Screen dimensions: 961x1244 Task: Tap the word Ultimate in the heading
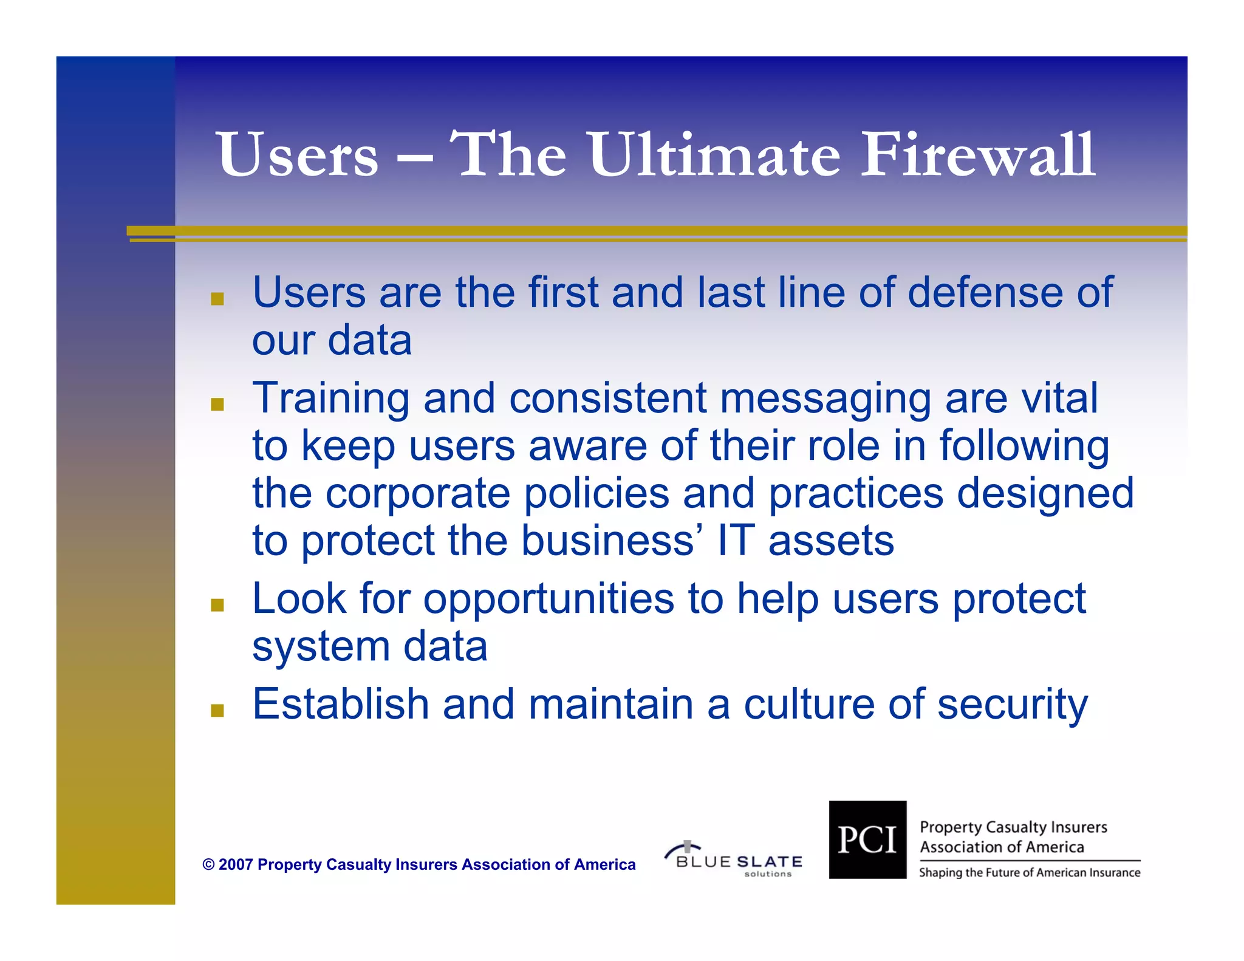coord(714,155)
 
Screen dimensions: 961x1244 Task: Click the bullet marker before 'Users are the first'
coord(217,299)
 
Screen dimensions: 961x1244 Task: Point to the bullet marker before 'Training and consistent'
coord(217,405)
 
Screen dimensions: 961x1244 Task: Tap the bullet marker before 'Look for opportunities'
coord(217,605)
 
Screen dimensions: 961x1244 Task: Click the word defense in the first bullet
coord(985,293)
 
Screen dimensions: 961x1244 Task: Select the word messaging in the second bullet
coord(825,398)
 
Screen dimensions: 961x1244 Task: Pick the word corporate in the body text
coord(418,493)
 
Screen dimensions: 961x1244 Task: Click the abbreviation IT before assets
coord(736,541)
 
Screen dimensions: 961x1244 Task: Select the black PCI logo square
coord(867,840)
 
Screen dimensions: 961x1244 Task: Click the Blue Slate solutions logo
coord(735,860)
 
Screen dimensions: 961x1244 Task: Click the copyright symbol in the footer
coord(208,864)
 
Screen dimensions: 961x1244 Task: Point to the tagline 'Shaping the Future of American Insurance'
coord(1029,873)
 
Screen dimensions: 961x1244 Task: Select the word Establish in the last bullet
coord(340,705)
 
